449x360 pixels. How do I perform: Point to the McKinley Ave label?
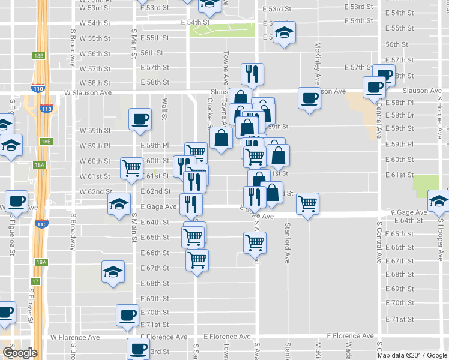click(x=318, y=63)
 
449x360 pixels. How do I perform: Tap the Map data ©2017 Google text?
click(x=412, y=355)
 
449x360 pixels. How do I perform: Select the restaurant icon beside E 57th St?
click(x=251, y=74)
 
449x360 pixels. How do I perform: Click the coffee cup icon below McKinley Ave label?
click(x=310, y=98)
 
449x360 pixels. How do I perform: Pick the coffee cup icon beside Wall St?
click(x=140, y=120)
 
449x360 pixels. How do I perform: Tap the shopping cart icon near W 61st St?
click(x=131, y=169)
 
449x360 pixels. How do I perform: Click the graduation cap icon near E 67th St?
click(x=112, y=272)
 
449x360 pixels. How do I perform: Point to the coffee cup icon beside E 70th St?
click(x=128, y=315)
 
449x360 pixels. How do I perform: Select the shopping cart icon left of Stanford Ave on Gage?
click(x=307, y=204)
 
